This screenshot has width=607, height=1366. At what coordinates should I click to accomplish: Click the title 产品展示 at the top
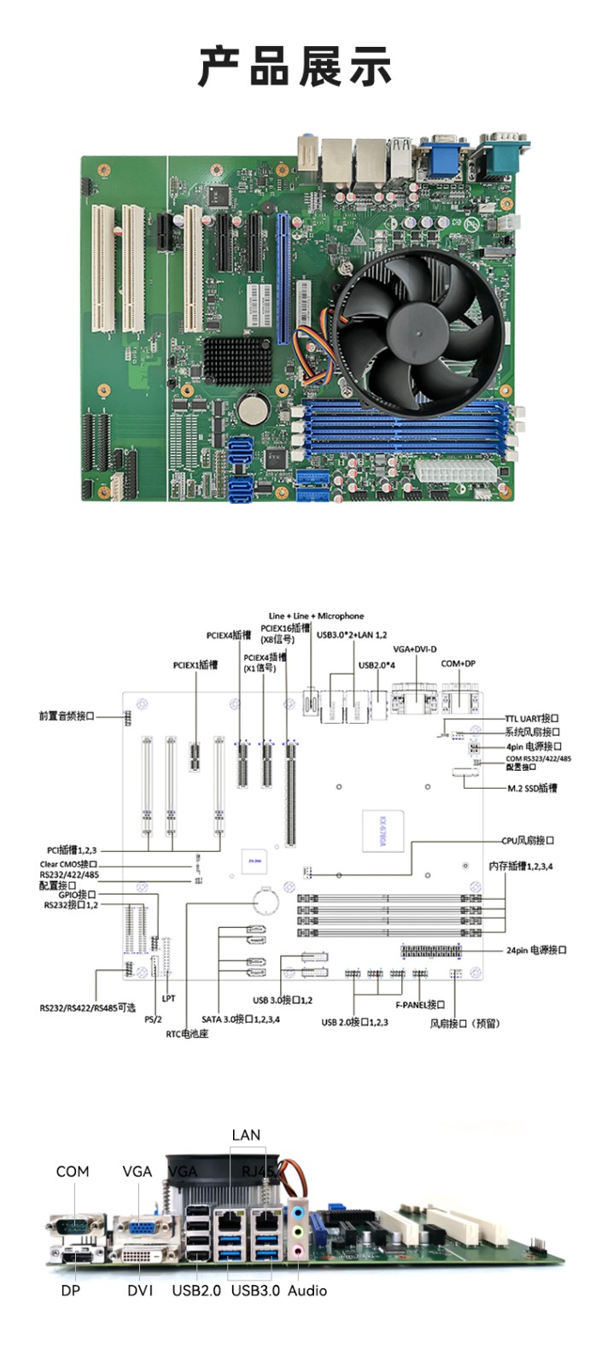point(295,67)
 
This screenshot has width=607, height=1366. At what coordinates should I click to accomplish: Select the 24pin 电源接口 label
point(536,949)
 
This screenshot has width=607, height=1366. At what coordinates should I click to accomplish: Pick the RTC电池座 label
point(187,1034)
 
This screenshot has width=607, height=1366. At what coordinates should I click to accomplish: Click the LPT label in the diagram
point(168,998)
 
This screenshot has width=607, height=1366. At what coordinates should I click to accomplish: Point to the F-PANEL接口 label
point(420,1005)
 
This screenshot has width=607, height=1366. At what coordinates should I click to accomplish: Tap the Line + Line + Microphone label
point(316,616)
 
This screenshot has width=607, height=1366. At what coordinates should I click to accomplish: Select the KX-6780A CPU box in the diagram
point(382,829)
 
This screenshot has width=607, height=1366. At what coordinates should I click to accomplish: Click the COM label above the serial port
point(73,1171)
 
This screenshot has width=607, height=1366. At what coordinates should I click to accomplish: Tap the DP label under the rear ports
point(70,1290)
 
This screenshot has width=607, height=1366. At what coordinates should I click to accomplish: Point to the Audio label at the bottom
point(307,1290)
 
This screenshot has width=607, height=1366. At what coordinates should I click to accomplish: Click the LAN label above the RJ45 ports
point(246,1135)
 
